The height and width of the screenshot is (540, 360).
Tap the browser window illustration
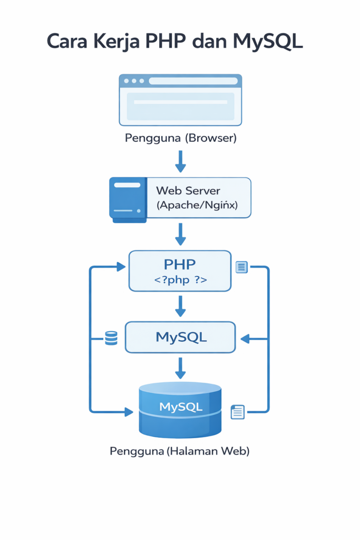(x=180, y=100)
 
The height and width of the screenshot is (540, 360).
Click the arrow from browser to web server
(x=180, y=161)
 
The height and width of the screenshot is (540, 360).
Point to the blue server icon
(x=128, y=199)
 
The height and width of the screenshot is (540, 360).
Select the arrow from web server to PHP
(x=180, y=234)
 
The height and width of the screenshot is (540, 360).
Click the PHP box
(x=180, y=271)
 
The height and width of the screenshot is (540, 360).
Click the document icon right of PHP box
(x=242, y=267)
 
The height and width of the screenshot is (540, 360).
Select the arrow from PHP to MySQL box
(x=180, y=306)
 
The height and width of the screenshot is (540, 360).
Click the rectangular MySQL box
(x=180, y=337)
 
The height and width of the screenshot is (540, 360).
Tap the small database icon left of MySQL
(x=111, y=338)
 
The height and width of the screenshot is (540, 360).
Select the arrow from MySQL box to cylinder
(x=180, y=368)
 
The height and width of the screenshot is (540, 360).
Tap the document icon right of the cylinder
(x=238, y=412)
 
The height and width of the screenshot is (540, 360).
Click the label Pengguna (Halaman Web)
(x=180, y=451)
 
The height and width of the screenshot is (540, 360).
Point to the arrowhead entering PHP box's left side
(x=121, y=267)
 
